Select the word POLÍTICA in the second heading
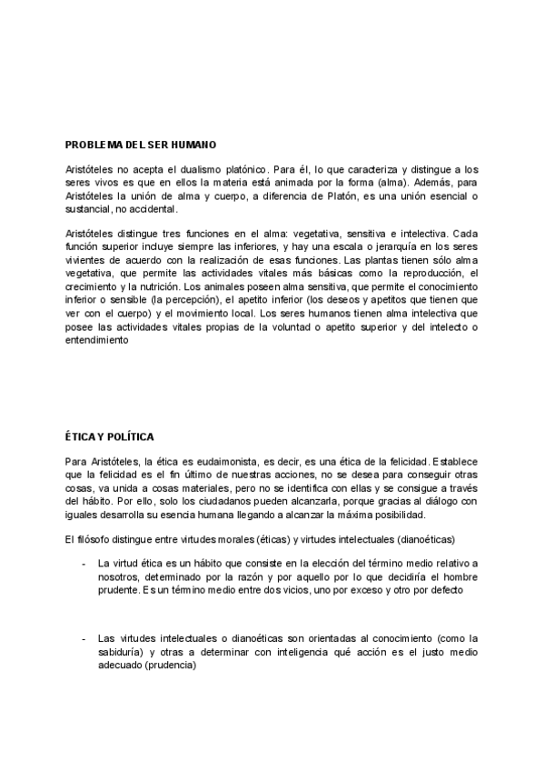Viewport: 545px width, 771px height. click(133, 437)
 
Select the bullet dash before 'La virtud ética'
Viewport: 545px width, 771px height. click(84, 564)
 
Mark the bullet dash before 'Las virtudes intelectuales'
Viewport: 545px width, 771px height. click(84, 638)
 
